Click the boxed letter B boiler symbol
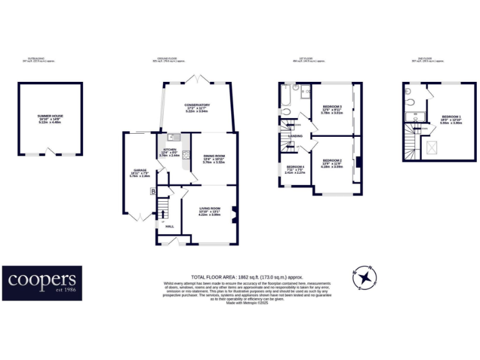[x=152, y=192]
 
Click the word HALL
[x=169, y=227]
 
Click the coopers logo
[x=42, y=282]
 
